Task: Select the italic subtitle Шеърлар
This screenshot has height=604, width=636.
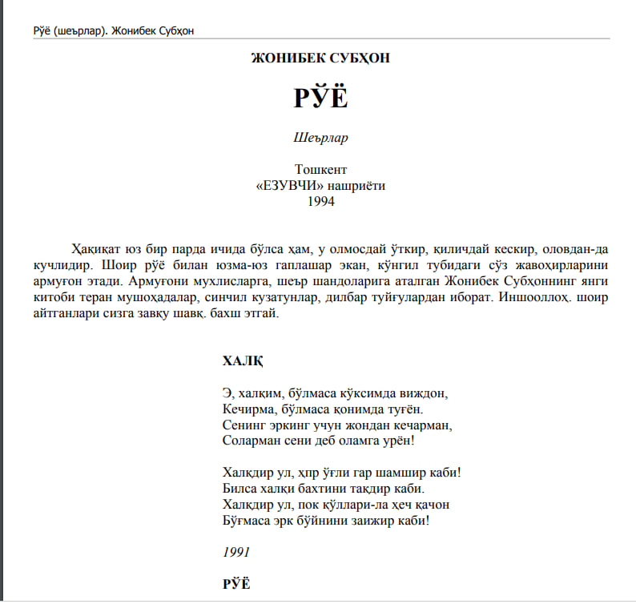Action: point(320,138)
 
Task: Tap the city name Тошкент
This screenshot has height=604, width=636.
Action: point(320,170)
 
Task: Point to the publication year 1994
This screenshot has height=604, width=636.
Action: point(320,201)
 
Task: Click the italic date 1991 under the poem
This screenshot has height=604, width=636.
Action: point(236,552)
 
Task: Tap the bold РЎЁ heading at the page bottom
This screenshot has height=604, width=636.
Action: point(236,584)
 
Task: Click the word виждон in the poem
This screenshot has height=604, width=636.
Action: point(422,393)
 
